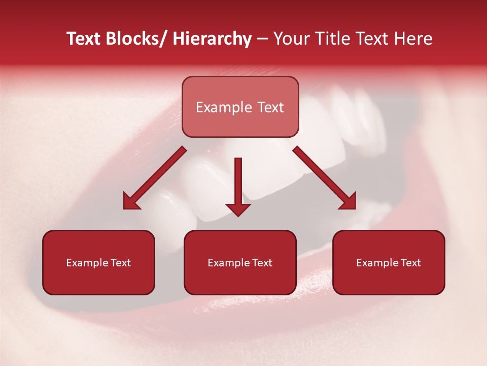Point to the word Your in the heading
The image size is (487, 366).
click(x=290, y=39)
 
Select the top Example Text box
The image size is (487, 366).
click(x=240, y=107)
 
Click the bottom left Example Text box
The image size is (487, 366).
click(x=98, y=262)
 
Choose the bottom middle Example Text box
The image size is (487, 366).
click(x=240, y=262)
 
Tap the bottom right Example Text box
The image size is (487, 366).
click(x=389, y=262)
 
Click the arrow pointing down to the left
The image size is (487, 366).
click(x=155, y=178)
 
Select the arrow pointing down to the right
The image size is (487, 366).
click(x=325, y=178)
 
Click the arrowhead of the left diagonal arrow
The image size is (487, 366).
click(x=131, y=202)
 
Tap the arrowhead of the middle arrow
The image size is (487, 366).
click(x=238, y=209)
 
